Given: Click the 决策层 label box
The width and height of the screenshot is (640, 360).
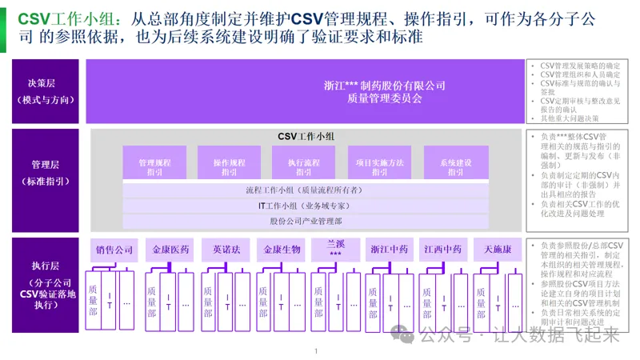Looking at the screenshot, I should [x=45, y=91].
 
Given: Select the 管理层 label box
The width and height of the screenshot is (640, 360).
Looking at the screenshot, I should [x=45, y=173].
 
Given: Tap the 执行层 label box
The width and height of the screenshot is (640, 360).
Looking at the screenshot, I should [x=45, y=284].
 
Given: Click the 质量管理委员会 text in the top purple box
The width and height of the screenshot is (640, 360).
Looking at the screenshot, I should [x=384, y=99].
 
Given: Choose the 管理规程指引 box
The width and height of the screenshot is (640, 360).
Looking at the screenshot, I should [x=154, y=166].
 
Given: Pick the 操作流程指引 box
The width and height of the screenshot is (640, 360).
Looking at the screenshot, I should [x=230, y=166].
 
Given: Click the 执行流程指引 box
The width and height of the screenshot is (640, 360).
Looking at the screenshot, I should [x=304, y=166].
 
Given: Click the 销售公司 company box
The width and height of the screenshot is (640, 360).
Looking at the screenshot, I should [x=114, y=250].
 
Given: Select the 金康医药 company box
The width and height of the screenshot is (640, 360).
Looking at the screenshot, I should [x=171, y=250].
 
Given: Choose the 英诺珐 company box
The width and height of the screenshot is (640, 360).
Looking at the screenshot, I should [x=226, y=250].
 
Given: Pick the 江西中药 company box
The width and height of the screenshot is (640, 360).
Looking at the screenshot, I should [x=442, y=250].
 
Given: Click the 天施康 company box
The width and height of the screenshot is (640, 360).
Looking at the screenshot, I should [x=497, y=250].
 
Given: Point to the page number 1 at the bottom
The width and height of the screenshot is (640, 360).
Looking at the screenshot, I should [x=317, y=350].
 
